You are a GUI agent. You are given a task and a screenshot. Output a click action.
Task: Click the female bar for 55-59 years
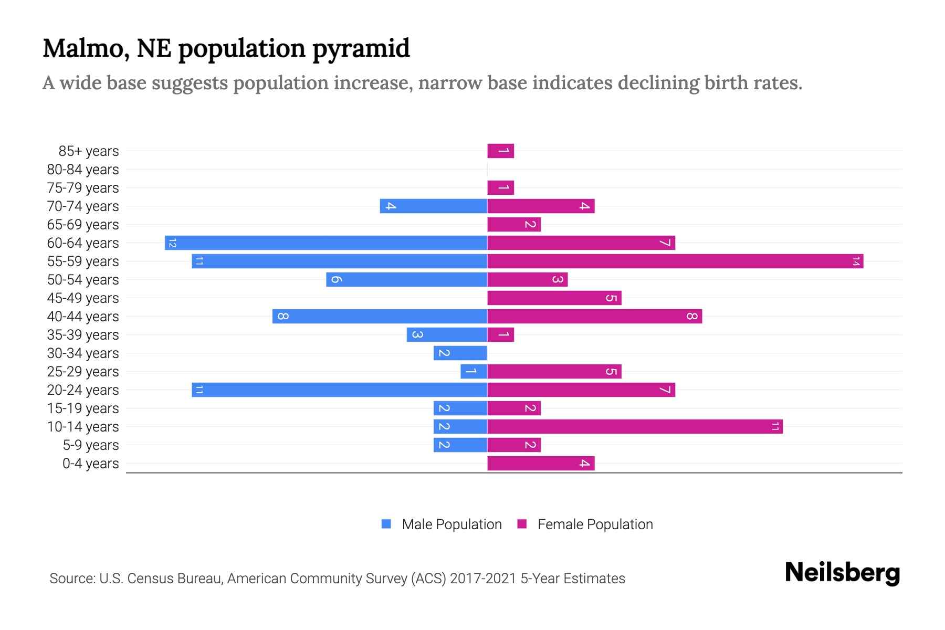point(675,261)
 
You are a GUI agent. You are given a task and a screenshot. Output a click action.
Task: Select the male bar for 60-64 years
point(326,243)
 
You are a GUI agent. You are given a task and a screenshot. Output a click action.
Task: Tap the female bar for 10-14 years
point(635,427)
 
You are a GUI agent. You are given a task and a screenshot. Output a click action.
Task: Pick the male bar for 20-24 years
point(339,390)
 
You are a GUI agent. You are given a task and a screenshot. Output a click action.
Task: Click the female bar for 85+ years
point(500,151)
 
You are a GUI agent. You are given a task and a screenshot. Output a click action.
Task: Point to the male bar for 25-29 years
point(474,372)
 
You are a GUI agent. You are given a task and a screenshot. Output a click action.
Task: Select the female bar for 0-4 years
point(541,464)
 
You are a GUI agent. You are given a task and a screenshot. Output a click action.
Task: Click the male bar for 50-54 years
point(406,280)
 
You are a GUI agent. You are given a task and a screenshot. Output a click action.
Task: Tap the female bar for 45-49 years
point(554,298)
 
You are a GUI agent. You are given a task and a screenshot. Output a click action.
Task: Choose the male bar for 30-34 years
point(460,353)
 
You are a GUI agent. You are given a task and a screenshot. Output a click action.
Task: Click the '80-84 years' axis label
point(83,170)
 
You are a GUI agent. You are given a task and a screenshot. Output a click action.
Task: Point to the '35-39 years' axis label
point(83,335)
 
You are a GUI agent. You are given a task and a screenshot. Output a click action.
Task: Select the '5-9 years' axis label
point(91,445)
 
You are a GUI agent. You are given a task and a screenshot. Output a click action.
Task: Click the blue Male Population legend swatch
point(386,524)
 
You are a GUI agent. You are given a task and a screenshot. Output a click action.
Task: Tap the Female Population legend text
point(595,524)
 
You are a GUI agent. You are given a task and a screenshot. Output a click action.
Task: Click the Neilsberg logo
point(842,573)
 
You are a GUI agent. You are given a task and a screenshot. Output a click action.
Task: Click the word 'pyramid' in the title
point(361,49)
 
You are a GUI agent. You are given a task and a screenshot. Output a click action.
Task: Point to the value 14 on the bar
point(856,261)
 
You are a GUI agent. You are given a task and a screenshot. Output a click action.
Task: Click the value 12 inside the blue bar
point(172,243)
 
